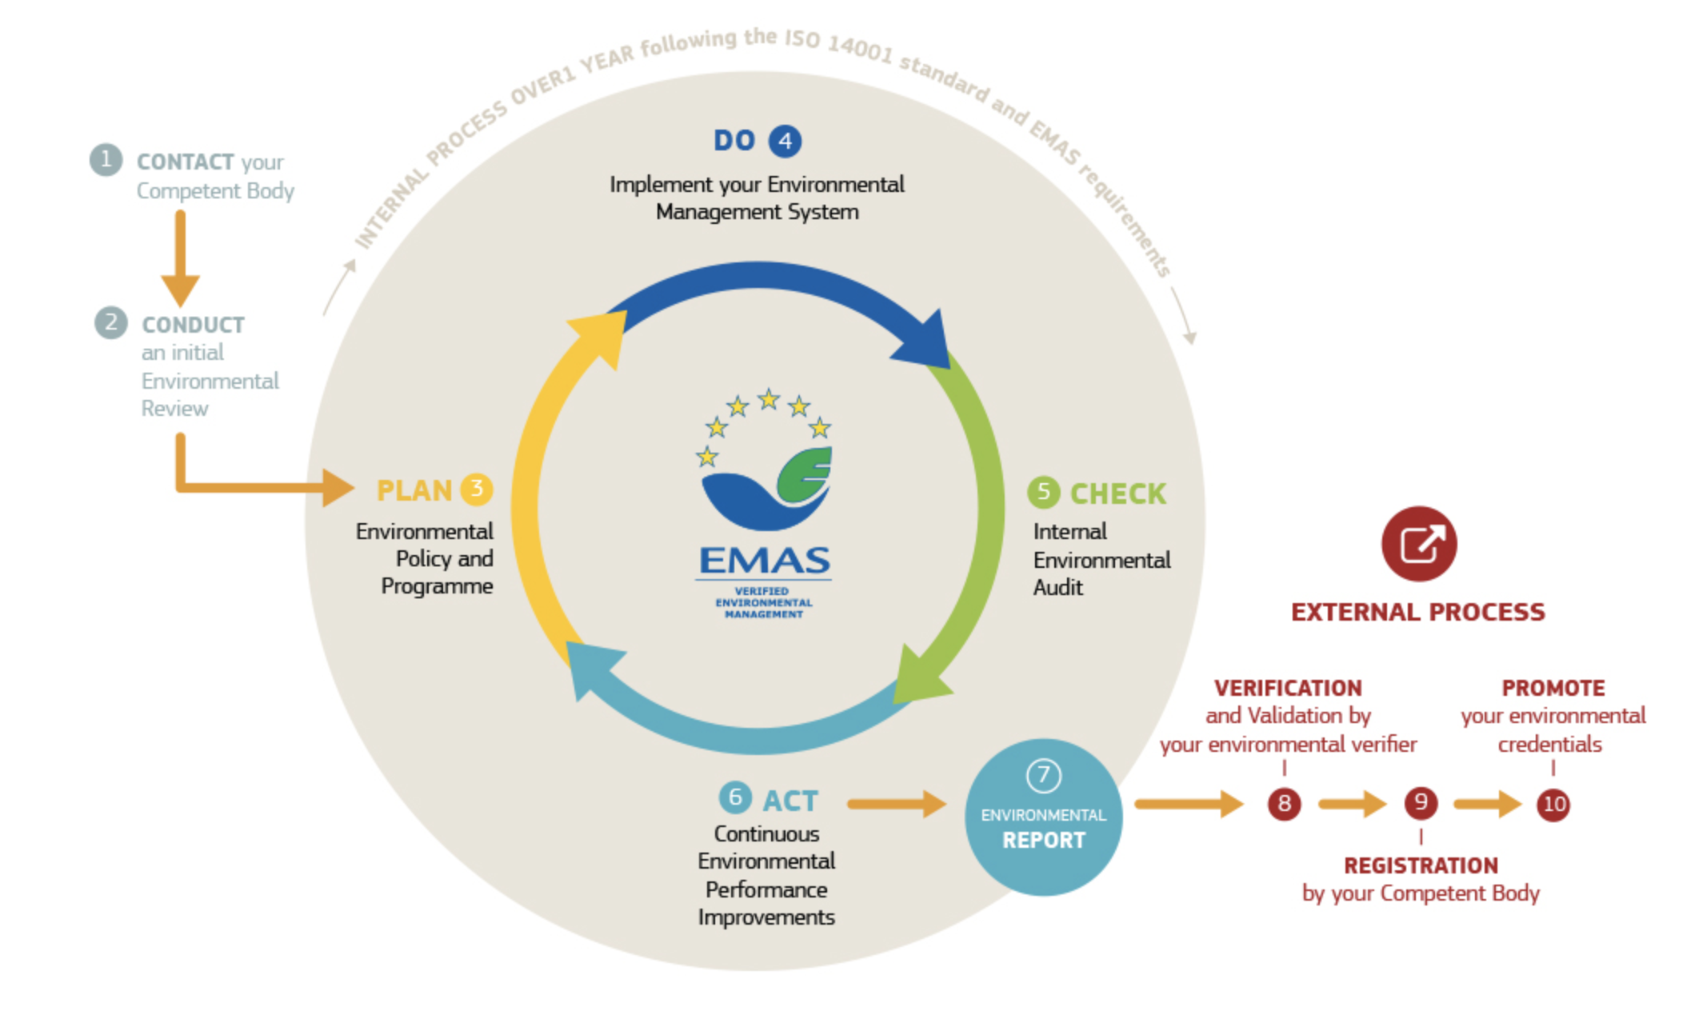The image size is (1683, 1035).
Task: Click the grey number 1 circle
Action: [x=106, y=160]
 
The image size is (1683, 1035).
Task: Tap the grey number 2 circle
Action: [x=111, y=322]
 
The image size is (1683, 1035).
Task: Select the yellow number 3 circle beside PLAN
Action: [x=477, y=489]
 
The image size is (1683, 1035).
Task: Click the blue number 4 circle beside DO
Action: [x=785, y=141]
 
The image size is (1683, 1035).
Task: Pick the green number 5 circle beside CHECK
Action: [x=1043, y=492]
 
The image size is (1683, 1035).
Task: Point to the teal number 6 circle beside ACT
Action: [x=735, y=797]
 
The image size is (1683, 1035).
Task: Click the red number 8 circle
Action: [x=1284, y=803]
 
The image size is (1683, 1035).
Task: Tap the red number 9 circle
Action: [x=1421, y=802]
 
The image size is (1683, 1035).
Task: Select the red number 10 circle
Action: [x=1553, y=804]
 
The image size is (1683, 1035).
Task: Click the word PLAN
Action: [x=414, y=490]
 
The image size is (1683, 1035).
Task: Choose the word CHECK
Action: [x=1118, y=494]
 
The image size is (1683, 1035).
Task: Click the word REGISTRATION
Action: [x=1421, y=865]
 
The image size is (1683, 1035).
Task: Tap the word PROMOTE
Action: [x=1553, y=688]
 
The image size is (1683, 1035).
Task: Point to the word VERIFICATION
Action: [x=1288, y=688]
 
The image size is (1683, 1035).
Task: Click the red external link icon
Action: [x=1419, y=544]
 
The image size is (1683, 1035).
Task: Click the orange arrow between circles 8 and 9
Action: [x=1352, y=803]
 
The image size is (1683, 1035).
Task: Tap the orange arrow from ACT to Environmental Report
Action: [x=897, y=804]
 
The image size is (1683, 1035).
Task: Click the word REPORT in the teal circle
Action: [x=1044, y=841]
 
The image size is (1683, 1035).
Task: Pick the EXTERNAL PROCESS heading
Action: [x=1418, y=612]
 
